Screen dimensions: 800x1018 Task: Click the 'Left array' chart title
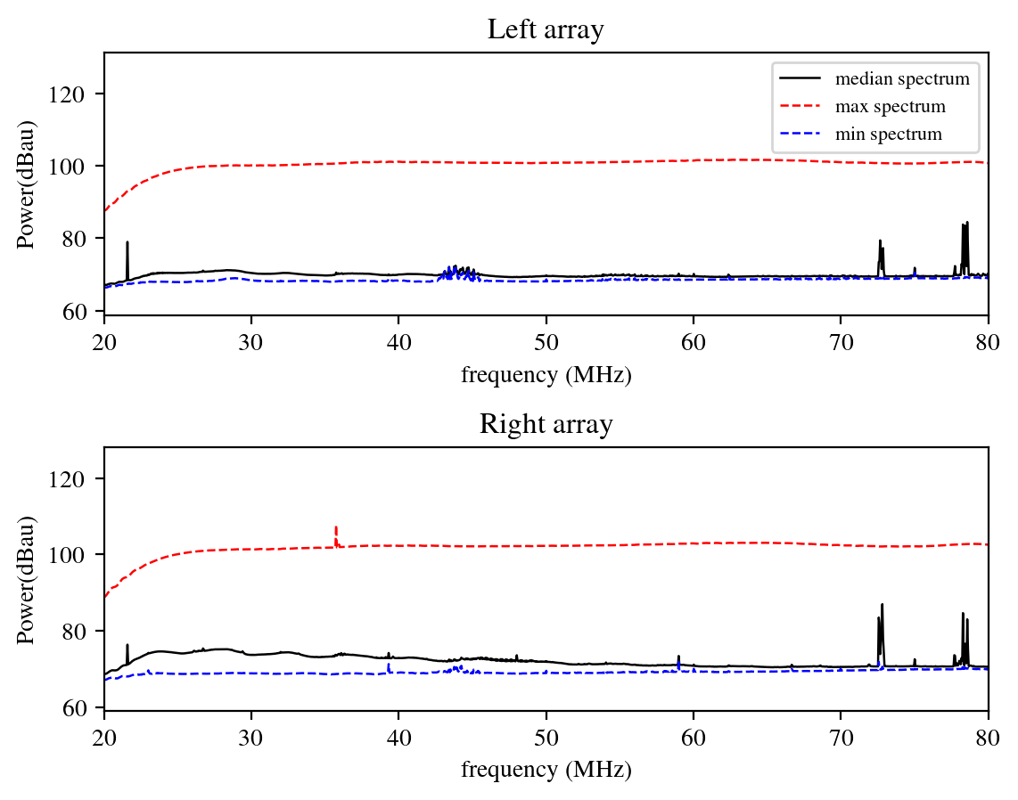(546, 29)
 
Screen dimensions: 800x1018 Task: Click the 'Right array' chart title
(546, 424)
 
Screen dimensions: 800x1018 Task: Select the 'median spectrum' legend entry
(901, 78)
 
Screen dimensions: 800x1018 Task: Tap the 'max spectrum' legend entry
(890, 107)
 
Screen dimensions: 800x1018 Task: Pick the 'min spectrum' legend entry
(888, 135)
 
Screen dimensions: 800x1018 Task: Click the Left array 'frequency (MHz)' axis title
(546, 375)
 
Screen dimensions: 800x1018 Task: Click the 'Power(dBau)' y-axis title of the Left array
(27, 184)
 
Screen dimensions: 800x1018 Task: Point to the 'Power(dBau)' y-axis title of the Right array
(27, 579)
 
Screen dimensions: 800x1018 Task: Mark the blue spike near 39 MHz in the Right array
(389, 666)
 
